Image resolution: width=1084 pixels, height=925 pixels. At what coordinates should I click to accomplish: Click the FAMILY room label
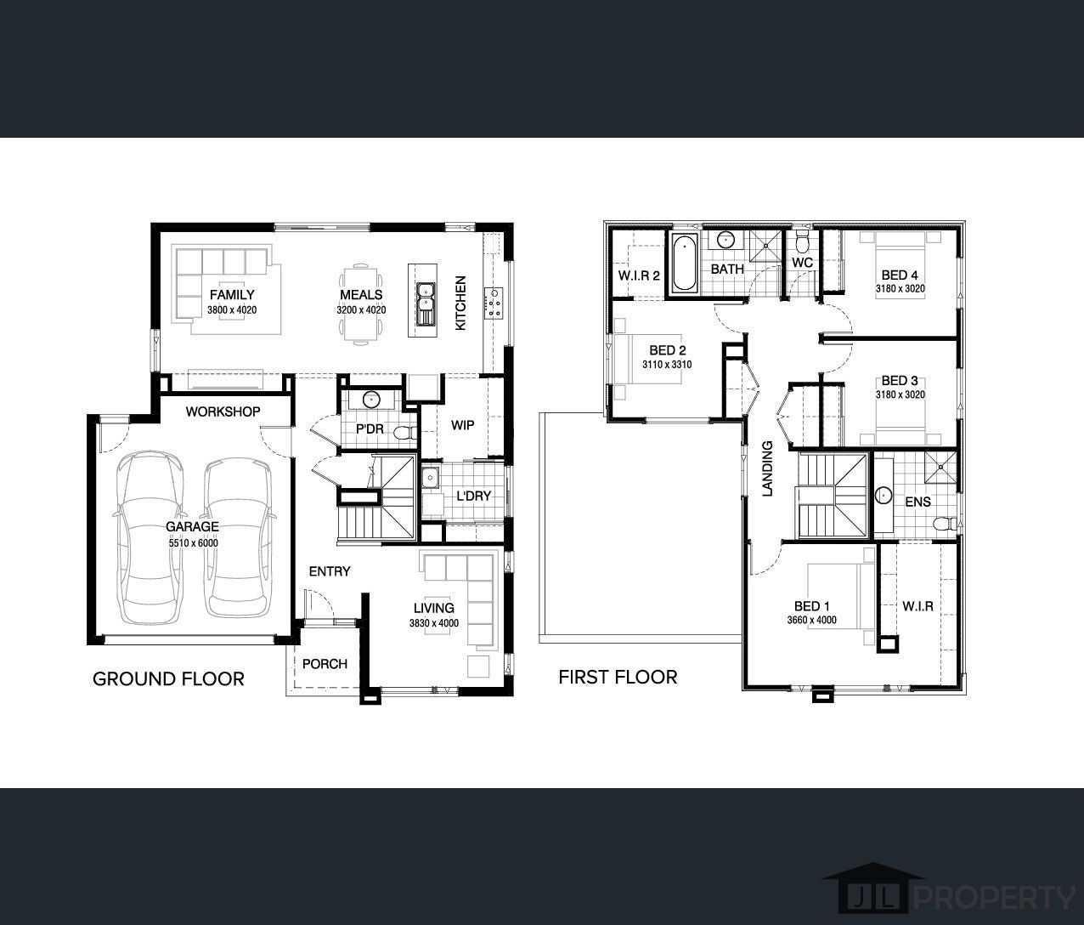(232, 295)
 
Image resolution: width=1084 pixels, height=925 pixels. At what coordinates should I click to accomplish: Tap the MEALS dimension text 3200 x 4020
(361, 310)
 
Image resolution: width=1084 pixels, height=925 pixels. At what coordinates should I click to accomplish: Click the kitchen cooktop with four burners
(494, 303)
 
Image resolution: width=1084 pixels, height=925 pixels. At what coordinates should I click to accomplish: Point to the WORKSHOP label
(223, 411)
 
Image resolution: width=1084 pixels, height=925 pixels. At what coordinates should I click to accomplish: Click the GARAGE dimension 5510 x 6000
(193, 542)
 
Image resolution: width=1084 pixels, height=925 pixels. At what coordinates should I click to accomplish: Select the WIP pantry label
(462, 425)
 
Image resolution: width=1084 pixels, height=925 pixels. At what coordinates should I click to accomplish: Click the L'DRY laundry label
(473, 496)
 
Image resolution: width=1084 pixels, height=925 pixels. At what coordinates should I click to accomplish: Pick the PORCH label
(325, 664)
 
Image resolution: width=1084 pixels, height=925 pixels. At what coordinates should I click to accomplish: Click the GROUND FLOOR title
(168, 679)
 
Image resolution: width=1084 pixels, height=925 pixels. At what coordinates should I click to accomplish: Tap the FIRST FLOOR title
(618, 678)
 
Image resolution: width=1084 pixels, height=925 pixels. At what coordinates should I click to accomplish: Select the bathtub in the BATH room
(684, 263)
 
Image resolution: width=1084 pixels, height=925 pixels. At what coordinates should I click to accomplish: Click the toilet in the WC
(802, 241)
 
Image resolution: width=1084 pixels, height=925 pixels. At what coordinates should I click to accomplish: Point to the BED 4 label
(900, 275)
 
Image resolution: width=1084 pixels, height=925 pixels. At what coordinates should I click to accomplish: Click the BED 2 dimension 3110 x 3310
(667, 365)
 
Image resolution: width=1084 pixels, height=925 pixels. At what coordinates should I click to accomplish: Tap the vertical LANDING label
(767, 468)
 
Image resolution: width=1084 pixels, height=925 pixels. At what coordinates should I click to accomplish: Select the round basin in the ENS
(884, 495)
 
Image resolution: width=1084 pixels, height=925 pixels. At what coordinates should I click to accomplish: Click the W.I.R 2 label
(639, 275)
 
